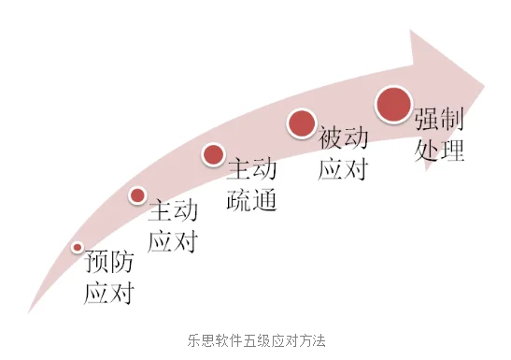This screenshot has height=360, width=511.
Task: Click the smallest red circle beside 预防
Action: [x=78, y=247]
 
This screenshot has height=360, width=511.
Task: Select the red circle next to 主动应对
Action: [x=137, y=194]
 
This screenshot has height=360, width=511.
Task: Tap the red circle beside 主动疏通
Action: [x=213, y=154]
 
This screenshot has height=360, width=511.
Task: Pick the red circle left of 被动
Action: [x=301, y=123]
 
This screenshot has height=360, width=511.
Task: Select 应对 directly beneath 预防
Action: [x=109, y=294]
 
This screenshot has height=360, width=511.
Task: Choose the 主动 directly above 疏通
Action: [x=252, y=168]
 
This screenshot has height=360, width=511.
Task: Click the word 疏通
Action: [x=252, y=200]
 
